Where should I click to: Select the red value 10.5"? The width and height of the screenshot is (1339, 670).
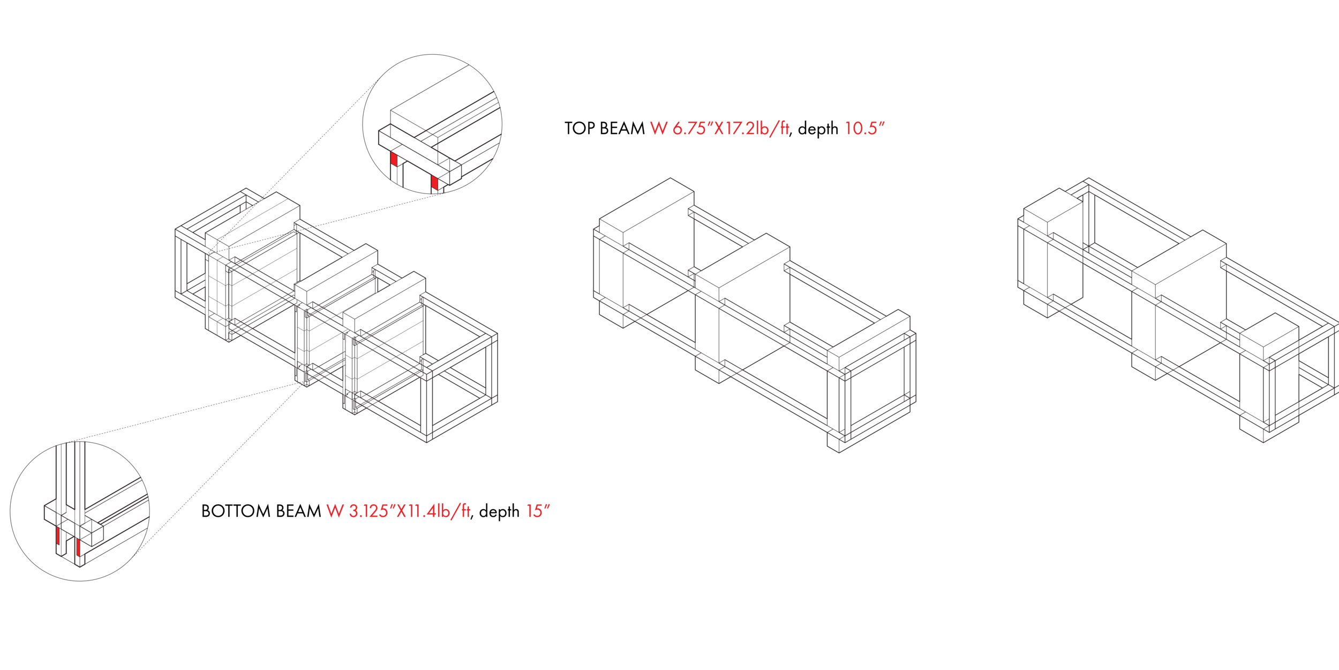coord(864,129)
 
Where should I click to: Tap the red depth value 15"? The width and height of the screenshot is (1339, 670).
coord(538,511)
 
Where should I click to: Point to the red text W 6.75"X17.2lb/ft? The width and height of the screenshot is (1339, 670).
coord(719,129)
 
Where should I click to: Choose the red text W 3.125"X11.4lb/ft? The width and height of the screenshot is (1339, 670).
coord(398,511)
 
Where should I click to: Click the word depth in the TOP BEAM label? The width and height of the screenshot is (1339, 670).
coord(818,129)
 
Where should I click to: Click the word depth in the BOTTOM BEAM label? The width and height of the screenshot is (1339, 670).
coord(499,512)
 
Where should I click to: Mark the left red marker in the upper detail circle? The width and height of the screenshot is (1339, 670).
coord(394,159)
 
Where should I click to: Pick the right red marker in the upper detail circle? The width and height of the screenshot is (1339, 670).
coord(434,182)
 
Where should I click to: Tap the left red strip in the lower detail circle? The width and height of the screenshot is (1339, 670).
coord(58,536)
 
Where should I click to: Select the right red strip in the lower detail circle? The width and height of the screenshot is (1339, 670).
coord(78,547)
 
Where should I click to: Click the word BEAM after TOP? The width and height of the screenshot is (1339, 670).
coord(622,129)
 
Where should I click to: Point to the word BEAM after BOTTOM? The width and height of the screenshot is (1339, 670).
coord(298,511)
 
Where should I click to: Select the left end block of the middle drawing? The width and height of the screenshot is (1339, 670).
coord(646,252)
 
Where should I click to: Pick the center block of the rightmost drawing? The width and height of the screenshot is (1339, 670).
coord(1179,305)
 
